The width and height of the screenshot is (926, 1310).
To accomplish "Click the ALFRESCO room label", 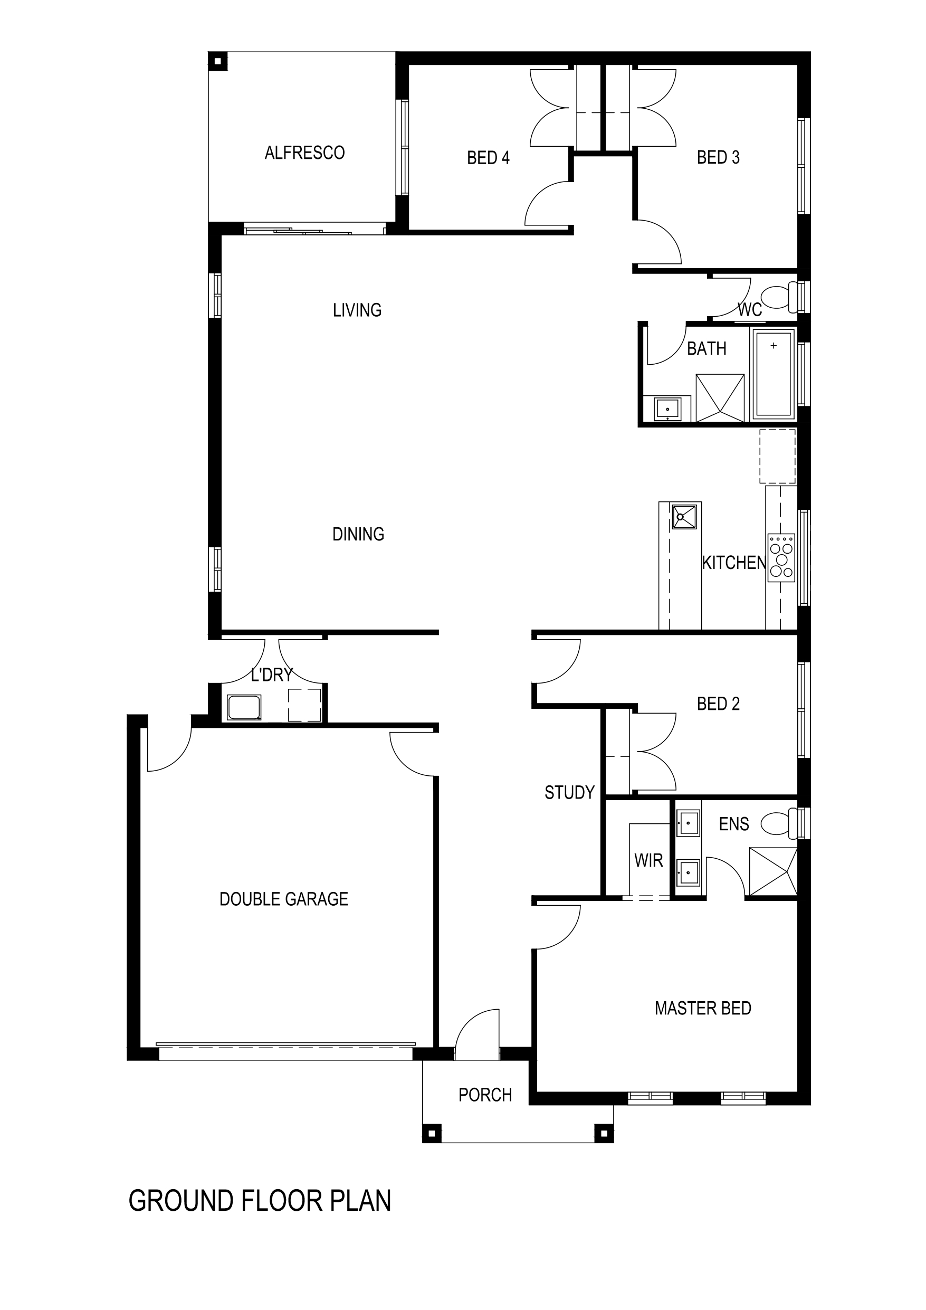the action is click(304, 153).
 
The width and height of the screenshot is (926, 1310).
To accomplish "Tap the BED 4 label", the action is click(488, 157).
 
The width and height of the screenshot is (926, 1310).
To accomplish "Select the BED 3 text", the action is click(718, 157).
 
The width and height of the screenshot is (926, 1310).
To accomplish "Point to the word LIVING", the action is click(357, 310).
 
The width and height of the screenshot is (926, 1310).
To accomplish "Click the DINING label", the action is click(358, 534).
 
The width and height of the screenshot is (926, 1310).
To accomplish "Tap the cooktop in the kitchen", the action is click(781, 557).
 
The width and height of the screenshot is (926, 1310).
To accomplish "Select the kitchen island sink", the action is click(685, 516).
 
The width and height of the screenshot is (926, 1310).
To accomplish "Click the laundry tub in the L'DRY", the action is click(244, 707).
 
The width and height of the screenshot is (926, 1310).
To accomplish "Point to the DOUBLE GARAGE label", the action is click(283, 899).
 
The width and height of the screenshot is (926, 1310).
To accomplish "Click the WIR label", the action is click(648, 860).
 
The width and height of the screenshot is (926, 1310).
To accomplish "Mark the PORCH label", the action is click(485, 1095).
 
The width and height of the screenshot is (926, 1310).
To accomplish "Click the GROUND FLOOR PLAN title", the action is click(260, 1201).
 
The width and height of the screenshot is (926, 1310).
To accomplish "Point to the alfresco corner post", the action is click(217, 61).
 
